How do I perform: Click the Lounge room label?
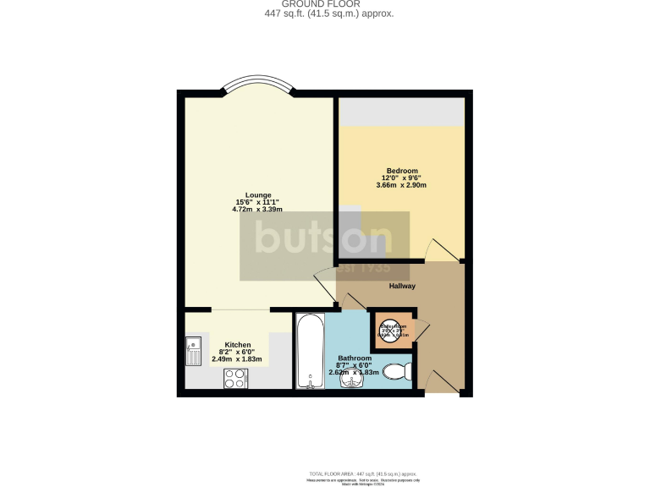(257, 195)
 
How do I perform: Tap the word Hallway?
(401, 286)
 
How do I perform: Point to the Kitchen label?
(236, 344)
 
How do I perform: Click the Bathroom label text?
(355, 358)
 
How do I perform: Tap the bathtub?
(310, 351)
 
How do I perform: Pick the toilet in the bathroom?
(397, 371)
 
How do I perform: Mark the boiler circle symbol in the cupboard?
(393, 330)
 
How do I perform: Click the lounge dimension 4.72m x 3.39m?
(257, 210)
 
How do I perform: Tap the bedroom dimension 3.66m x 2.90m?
(401, 186)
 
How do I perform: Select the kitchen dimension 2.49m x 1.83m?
(236, 358)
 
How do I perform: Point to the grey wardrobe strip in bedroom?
(401, 112)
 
